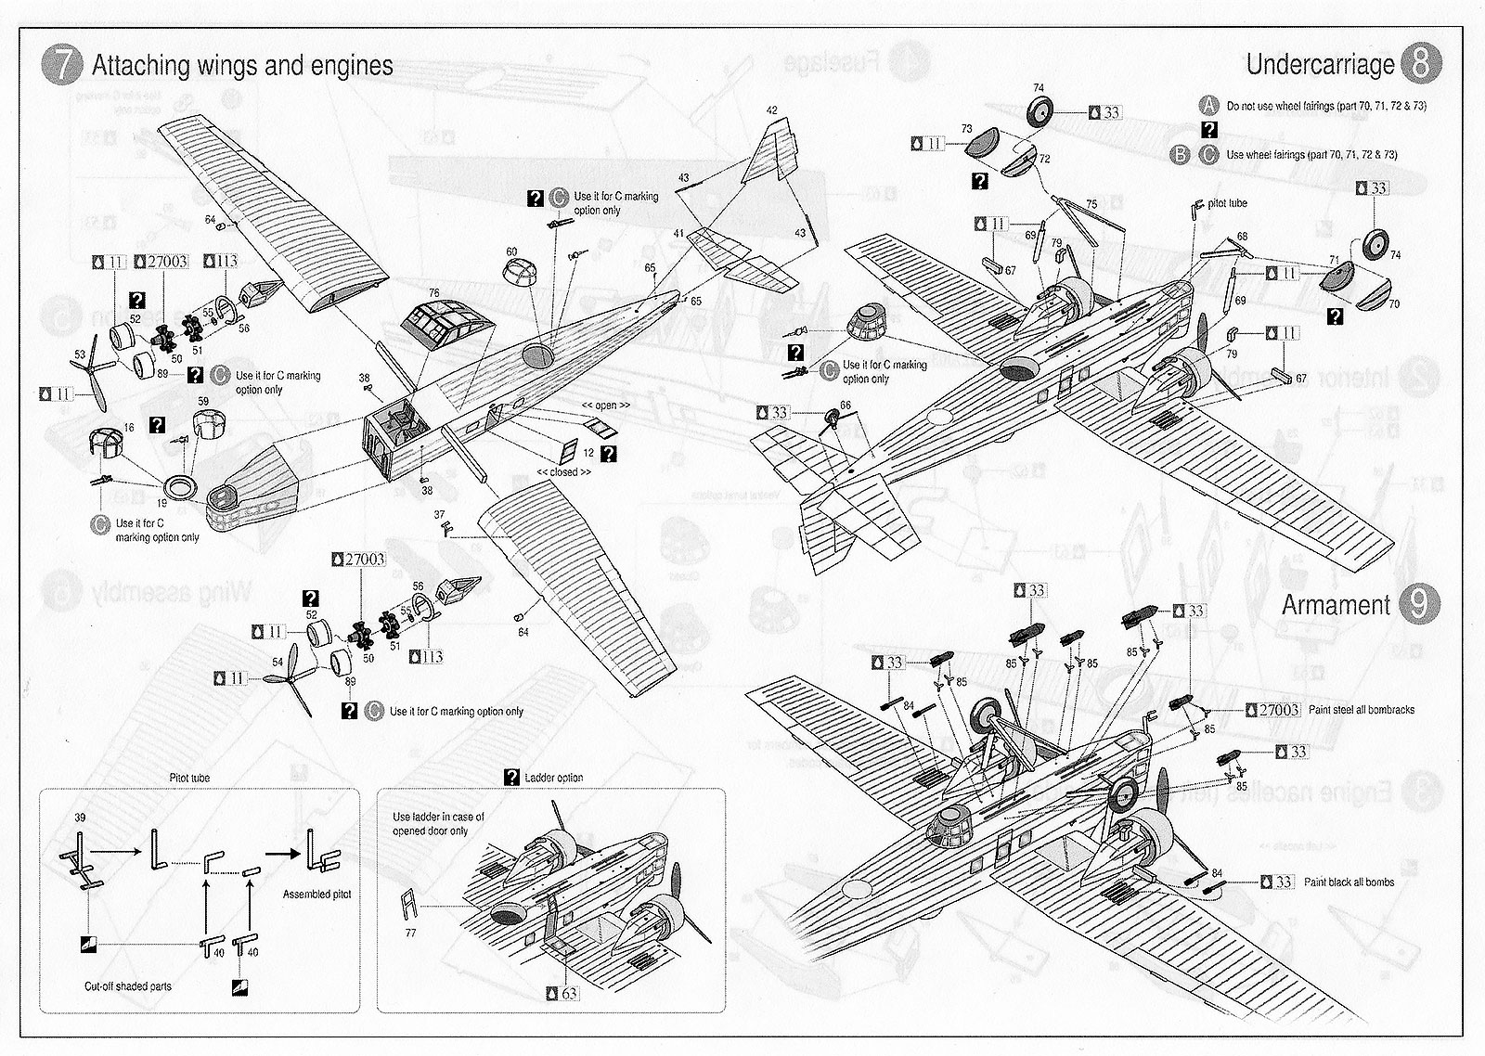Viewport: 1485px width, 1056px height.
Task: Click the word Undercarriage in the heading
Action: [x=1320, y=64]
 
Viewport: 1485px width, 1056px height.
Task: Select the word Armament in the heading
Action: [x=1336, y=605]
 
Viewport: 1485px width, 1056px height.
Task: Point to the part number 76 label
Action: [x=433, y=293]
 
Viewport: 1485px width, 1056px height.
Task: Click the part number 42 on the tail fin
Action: [x=772, y=110]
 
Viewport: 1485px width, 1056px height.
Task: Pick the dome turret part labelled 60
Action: [x=523, y=276]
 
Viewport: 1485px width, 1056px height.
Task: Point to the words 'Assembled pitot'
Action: [x=316, y=895]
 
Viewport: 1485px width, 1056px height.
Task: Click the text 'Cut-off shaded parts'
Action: [x=127, y=986]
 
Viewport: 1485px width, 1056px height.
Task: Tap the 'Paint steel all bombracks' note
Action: [x=1361, y=710]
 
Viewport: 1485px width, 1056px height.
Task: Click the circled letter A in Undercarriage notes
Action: [x=1208, y=105]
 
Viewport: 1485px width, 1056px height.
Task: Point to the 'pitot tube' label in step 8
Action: [x=1227, y=203]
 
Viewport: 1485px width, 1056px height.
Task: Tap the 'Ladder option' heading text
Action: [x=554, y=778]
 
